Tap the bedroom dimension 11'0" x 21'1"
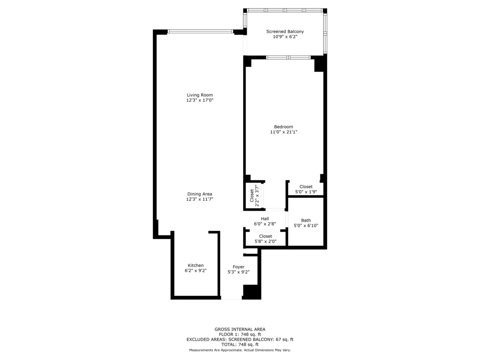(284, 132)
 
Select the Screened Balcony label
(285, 32)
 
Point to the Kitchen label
(196, 265)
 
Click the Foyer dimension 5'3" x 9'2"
(238, 272)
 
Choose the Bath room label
(306, 220)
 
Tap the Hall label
(265, 219)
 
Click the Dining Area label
(200, 194)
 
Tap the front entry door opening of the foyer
(232, 298)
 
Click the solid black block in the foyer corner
(252, 292)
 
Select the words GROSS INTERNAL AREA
(240, 329)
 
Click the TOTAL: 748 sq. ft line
(240, 344)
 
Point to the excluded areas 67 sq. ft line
(240, 339)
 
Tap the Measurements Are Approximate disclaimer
(240, 350)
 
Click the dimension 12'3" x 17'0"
(200, 100)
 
